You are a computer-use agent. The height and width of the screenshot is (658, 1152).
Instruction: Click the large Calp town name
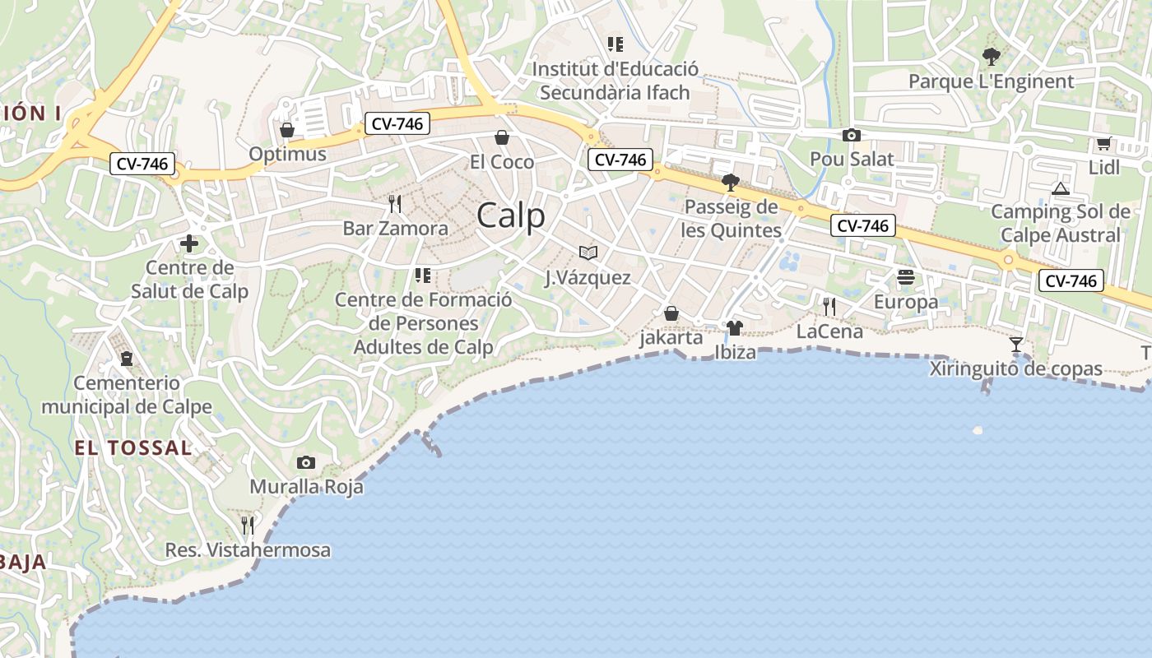pyautogui.click(x=510, y=215)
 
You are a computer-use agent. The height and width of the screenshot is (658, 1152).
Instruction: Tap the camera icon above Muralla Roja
pyautogui.click(x=306, y=463)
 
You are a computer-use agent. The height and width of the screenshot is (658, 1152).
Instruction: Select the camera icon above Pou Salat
pyautogui.click(x=852, y=136)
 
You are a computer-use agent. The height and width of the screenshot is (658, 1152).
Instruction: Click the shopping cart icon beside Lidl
pyautogui.click(x=1103, y=144)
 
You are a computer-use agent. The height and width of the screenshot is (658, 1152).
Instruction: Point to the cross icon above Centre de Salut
pyautogui.click(x=189, y=243)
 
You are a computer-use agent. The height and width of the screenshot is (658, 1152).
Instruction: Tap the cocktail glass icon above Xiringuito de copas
pyautogui.click(x=1016, y=345)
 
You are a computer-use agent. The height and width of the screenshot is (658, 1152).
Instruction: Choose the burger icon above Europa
pyautogui.click(x=906, y=277)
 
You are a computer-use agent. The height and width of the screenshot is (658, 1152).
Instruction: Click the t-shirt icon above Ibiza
pyautogui.click(x=735, y=328)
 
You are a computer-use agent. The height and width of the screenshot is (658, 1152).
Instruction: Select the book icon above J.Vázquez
pyautogui.click(x=588, y=253)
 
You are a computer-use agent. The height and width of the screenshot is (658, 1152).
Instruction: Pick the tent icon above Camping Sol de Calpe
pyautogui.click(x=1060, y=188)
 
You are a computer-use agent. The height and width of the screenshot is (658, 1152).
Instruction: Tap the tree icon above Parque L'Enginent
pyautogui.click(x=992, y=57)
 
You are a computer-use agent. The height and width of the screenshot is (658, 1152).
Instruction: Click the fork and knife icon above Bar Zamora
pyautogui.click(x=395, y=203)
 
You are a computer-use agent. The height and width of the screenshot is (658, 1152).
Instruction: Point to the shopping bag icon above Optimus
pyautogui.click(x=287, y=130)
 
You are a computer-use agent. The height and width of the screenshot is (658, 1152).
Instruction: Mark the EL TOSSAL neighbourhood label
pyautogui.click(x=133, y=448)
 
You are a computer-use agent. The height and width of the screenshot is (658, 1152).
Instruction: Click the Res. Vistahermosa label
pyautogui.click(x=248, y=550)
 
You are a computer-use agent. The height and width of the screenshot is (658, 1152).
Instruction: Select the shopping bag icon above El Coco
pyautogui.click(x=502, y=137)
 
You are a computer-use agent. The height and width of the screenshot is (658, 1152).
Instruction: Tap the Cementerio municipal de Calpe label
pyautogui.click(x=127, y=395)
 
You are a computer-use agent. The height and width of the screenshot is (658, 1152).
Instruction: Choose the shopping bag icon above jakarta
pyautogui.click(x=671, y=313)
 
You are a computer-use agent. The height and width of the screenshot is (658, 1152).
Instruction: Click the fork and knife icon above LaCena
pyautogui.click(x=829, y=307)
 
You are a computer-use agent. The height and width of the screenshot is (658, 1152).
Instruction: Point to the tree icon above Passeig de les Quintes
pyautogui.click(x=730, y=182)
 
